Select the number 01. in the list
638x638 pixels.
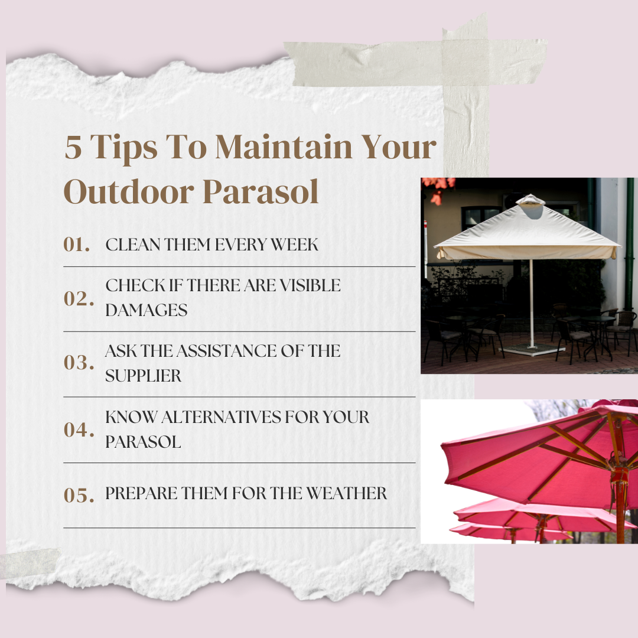coord(77,245)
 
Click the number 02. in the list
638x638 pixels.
coord(79,299)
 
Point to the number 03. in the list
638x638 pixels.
coord(79,363)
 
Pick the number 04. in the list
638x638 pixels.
coord(79,429)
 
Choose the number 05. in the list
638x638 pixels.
coord(79,496)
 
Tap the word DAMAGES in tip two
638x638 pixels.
coord(147,310)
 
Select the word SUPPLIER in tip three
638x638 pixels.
coord(144,376)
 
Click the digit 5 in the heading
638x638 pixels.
coord(73,148)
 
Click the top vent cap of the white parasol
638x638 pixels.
coord(530,201)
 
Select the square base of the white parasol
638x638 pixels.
coord(530,349)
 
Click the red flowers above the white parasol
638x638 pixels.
coord(437,189)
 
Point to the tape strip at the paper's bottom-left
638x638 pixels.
coord(30,564)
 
